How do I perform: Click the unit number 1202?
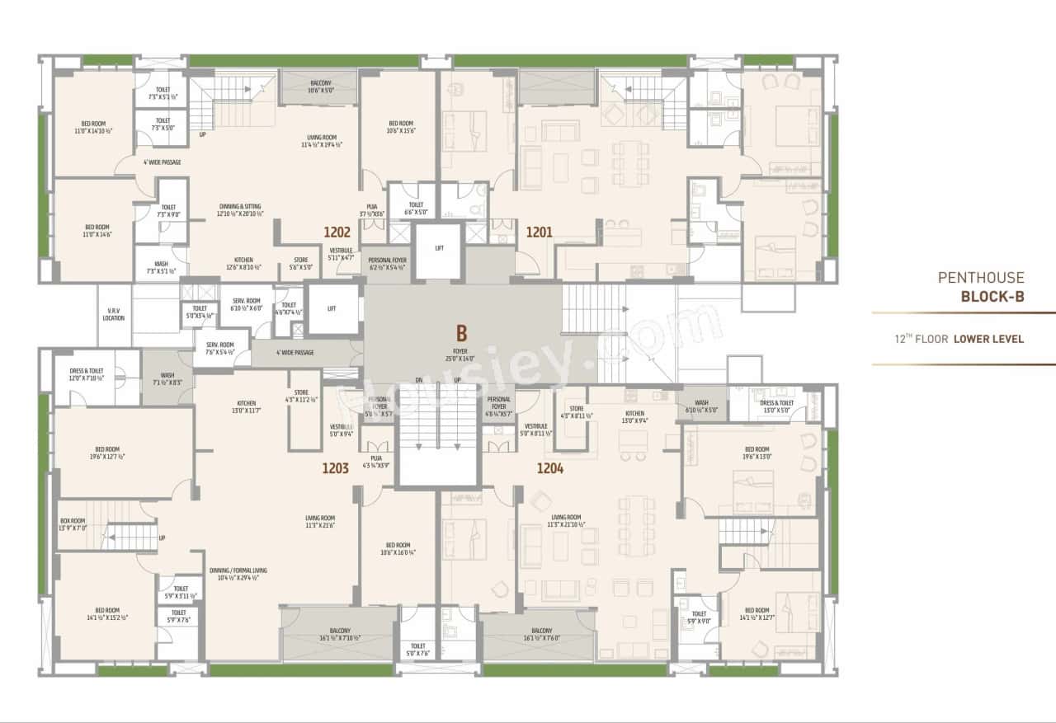click(337, 232)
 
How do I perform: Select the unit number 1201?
click(539, 232)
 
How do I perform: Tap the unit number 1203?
click(336, 469)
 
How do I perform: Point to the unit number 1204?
click(550, 469)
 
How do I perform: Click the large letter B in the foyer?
click(462, 333)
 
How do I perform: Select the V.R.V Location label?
click(114, 314)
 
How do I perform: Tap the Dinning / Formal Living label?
click(238, 574)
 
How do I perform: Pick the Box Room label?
click(73, 524)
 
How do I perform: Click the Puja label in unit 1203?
click(376, 462)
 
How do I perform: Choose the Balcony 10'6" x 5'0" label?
click(321, 87)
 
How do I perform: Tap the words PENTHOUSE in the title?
click(981, 278)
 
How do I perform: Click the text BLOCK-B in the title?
click(992, 297)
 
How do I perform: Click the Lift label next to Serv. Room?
click(332, 308)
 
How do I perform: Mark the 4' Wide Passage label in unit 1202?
click(162, 162)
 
